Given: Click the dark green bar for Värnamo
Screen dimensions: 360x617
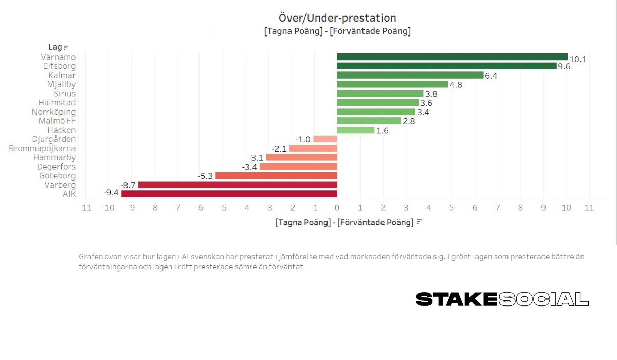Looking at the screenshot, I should pyautogui.click(x=452, y=57).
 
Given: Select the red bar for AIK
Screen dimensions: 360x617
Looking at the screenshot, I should pyautogui.click(x=229, y=194).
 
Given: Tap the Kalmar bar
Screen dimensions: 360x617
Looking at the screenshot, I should pyautogui.click(x=410, y=76).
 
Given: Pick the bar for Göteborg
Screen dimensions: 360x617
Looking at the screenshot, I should pyautogui.click(x=276, y=176).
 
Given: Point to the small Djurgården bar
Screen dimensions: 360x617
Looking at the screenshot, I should pyautogui.click(x=325, y=139).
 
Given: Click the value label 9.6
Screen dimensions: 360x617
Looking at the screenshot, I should pyautogui.click(x=565, y=67).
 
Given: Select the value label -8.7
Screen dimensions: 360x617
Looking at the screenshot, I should pyautogui.click(x=128, y=185).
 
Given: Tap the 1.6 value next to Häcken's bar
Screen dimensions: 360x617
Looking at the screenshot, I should pyautogui.click(x=383, y=131).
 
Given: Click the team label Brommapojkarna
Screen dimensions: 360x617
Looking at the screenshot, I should pyautogui.click(x=42, y=149).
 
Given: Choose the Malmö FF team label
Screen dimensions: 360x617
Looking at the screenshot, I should pyautogui.click(x=57, y=121).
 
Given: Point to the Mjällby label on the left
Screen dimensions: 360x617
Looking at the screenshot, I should pyautogui.click(x=61, y=84).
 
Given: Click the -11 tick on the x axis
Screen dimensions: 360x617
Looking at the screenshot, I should pyautogui.click(x=85, y=208).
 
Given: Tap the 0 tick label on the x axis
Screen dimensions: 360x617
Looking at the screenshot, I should pyautogui.click(x=337, y=208).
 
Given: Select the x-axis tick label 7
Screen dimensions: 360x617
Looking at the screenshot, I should pyautogui.click(x=497, y=208).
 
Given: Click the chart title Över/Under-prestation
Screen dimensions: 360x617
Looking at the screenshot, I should pyautogui.click(x=337, y=19).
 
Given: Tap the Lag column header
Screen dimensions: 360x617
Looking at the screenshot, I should pyautogui.click(x=55, y=48).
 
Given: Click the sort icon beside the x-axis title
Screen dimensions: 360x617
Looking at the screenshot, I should pyautogui.click(x=419, y=222).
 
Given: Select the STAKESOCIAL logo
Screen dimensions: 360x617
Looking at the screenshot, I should pyautogui.click(x=502, y=299).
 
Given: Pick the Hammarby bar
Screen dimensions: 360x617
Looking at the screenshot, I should pyautogui.click(x=301, y=157).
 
